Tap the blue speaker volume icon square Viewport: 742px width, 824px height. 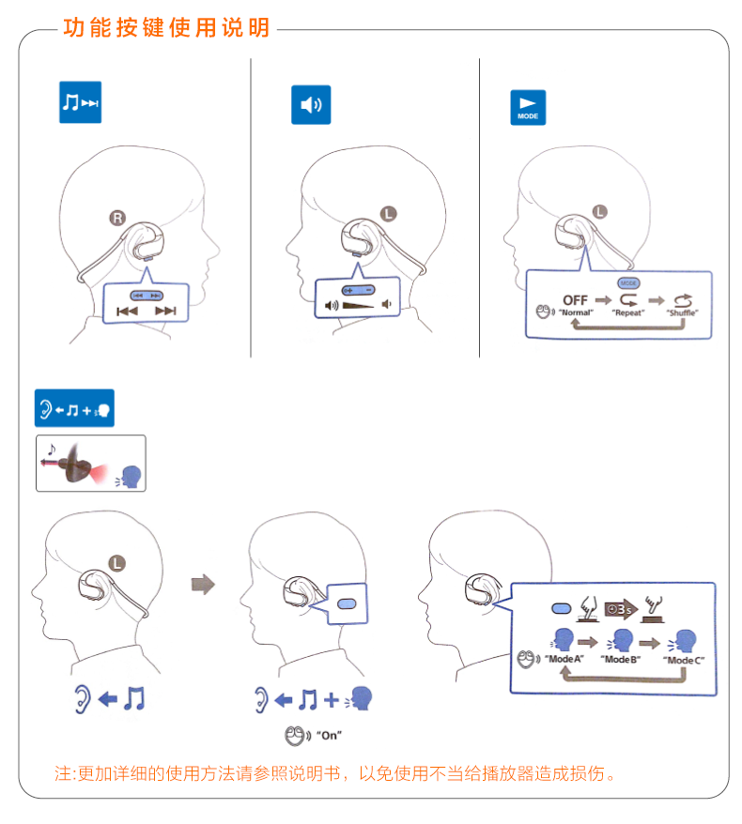(311, 105)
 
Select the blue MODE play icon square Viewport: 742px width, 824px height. (526, 108)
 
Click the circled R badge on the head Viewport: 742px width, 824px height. (116, 219)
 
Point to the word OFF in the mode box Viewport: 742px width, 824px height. (575, 300)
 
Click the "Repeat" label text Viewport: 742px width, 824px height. (628, 313)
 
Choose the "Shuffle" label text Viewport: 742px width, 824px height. (682, 313)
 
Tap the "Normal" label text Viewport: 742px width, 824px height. (576, 313)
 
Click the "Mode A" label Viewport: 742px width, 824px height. (564, 660)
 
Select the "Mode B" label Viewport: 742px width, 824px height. (623, 660)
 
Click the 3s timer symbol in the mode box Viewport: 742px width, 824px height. (620, 608)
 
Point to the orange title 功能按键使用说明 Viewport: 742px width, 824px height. (166, 28)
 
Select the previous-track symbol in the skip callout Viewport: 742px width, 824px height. (128, 311)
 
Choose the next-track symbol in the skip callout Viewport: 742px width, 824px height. (165, 311)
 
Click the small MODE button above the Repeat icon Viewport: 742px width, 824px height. (628, 282)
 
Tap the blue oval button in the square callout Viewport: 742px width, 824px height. (347, 603)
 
